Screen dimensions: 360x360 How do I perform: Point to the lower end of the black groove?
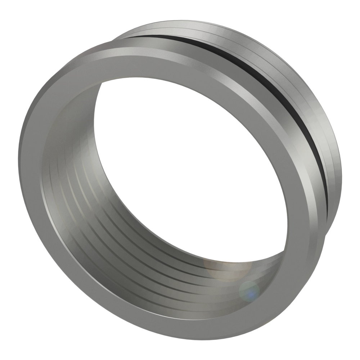click(326, 202)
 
